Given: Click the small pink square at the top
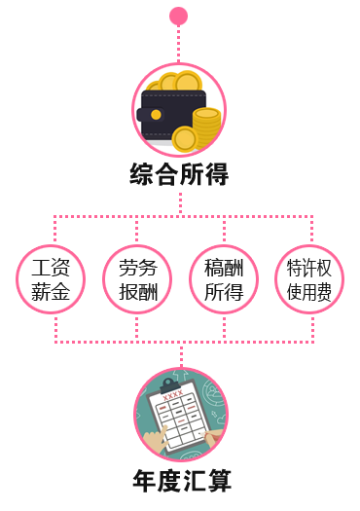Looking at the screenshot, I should click(x=178, y=16).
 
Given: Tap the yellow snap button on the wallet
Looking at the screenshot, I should click(x=156, y=115).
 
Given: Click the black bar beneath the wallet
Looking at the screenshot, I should click(x=179, y=174).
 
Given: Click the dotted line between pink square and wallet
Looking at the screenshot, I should click(x=178, y=43).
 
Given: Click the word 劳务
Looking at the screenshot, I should click(x=137, y=269).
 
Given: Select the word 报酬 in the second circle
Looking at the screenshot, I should click(x=137, y=292).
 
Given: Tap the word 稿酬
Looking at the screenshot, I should click(x=224, y=269).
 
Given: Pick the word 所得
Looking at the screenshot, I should click(x=224, y=292).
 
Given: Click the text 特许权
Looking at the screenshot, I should click(x=309, y=269).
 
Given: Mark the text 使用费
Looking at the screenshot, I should click(x=309, y=292).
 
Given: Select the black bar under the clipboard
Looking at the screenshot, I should click(x=182, y=480).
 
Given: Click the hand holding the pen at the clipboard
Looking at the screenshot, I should click(x=207, y=439).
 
